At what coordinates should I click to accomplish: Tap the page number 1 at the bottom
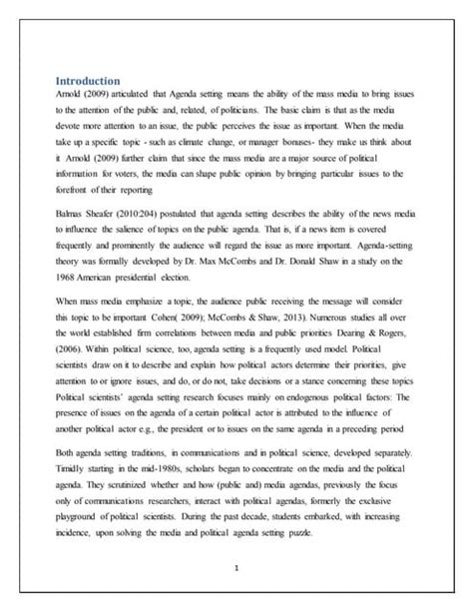point(236,570)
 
